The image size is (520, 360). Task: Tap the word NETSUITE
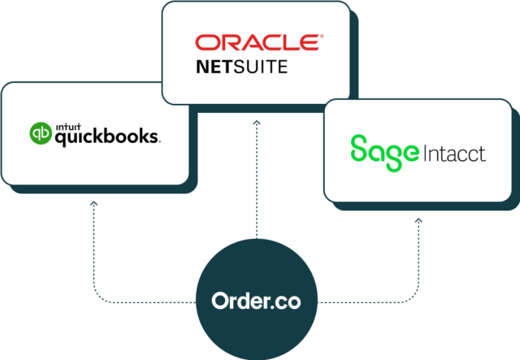[241, 67]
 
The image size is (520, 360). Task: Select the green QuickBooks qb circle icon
[41, 133]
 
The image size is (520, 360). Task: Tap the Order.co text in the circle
[256, 301]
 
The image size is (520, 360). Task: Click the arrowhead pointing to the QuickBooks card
[93, 206]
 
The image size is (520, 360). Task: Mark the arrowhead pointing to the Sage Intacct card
[418, 219]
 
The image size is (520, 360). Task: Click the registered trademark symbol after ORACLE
[322, 37]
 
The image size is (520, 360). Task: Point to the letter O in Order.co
[220, 301]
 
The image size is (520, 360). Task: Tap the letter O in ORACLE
[205, 43]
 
